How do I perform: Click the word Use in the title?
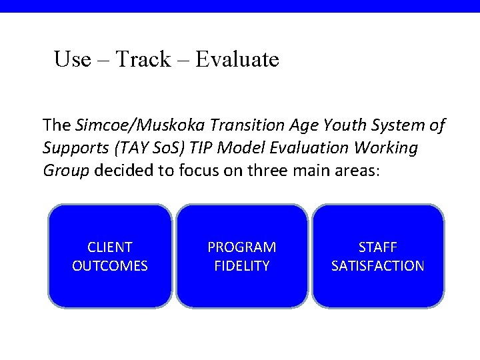[x=72, y=59]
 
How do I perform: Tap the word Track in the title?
[x=143, y=59]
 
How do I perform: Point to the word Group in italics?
[x=66, y=170]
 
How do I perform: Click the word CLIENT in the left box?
[x=110, y=247]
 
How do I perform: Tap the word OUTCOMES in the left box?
[x=110, y=266]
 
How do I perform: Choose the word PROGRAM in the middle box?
[x=242, y=247]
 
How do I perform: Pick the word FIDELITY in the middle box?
[x=242, y=266]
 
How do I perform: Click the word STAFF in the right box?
[x=378, y=247]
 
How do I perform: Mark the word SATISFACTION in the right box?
[x=378, y=266]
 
